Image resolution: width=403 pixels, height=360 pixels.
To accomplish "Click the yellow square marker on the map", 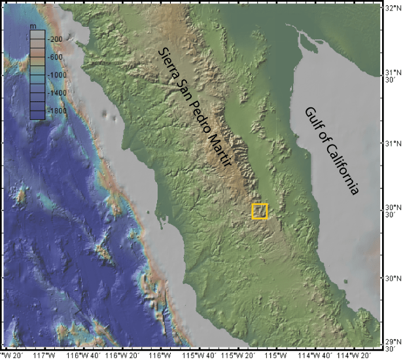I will click(x=260, y=211).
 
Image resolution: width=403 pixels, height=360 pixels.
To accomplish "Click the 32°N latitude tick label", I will click(x=393, y=9).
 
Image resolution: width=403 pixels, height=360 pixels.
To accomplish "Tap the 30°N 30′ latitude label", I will click(x=392, y=210).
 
